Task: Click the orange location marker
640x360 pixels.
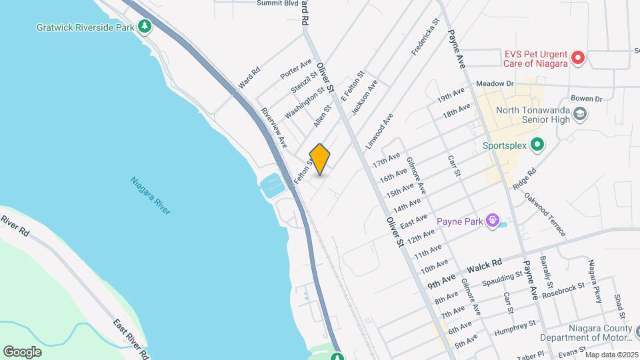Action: (320, 159)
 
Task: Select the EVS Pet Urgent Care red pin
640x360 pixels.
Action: (579, 58)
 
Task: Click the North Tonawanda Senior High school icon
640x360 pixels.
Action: (579, 113)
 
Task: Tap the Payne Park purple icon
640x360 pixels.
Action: (493, 220)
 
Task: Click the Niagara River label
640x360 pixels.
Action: (151, 195)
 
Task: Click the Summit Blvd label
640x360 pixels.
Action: (277, 3)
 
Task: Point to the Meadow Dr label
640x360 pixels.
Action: (494, 84)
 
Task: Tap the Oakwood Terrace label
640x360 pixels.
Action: (545, 214)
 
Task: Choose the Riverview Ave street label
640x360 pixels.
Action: (274, 127)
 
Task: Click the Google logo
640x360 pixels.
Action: (23, 351)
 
